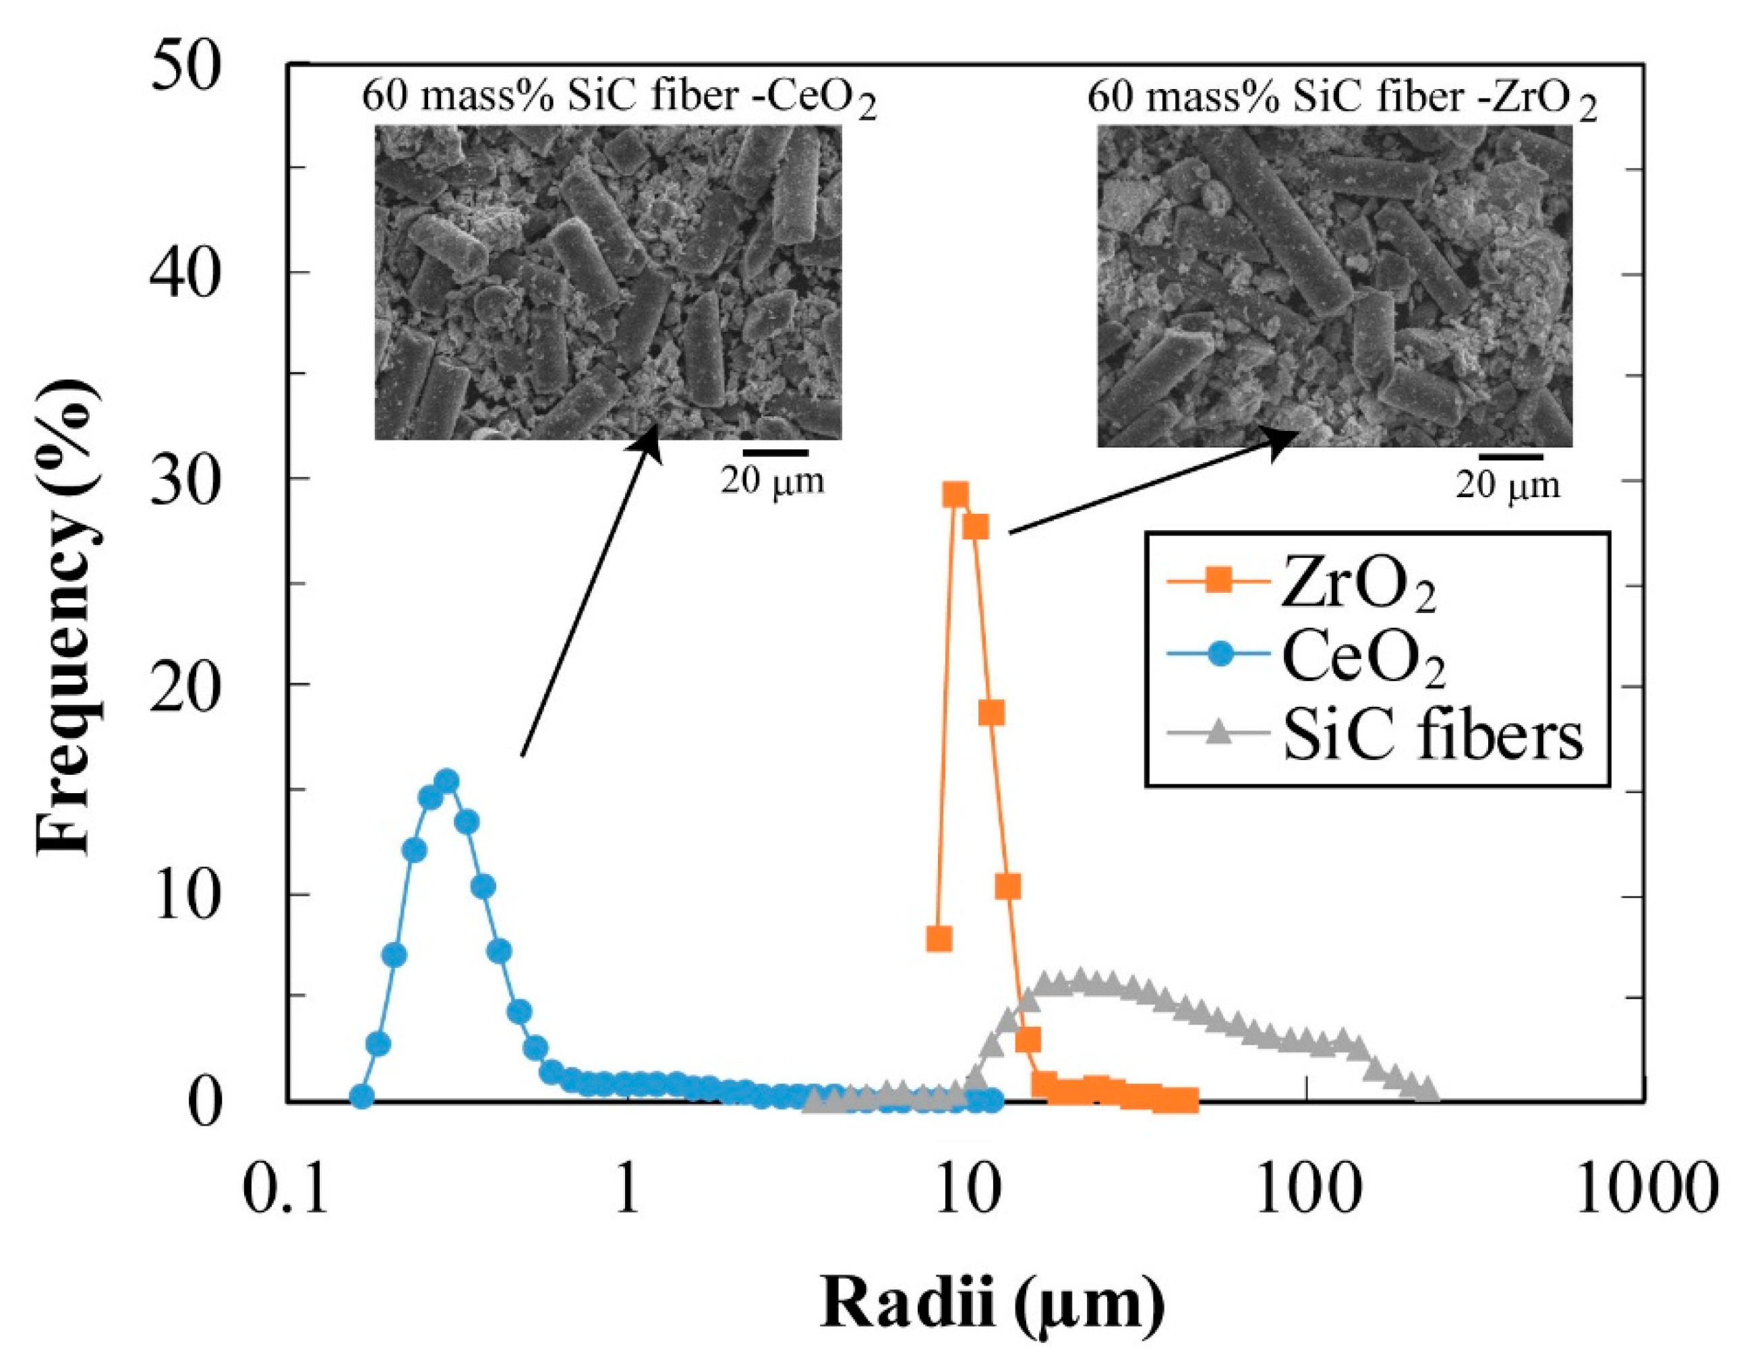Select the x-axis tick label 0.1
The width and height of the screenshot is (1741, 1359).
(x=285, y=1192)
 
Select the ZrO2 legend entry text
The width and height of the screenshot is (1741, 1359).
(x=1359, y=585)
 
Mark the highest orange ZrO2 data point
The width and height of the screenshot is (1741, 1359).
(x=955, y=495)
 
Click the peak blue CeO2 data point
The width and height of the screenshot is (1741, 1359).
(x=448, y=781)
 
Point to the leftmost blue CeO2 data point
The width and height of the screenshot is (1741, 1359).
(x=362, y=1097)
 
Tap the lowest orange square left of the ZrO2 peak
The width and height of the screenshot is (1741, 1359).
(x=939, y=939)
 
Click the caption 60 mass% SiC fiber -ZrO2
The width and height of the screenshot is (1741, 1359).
(x=1342, y=100)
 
